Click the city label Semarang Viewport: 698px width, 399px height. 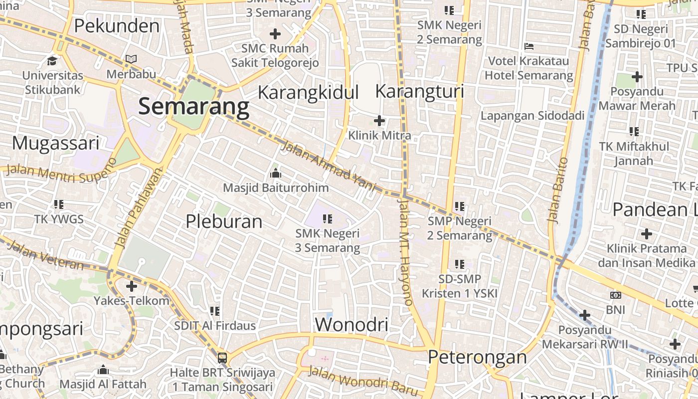[193, 106]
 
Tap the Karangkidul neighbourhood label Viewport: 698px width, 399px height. [308, 92]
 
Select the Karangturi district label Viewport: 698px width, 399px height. [419, 91]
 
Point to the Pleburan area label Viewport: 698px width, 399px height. [224, 221]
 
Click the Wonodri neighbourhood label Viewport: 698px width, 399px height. [351, 325]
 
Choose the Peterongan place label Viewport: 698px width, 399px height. [477, 357]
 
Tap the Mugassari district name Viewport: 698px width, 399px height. [56, 143]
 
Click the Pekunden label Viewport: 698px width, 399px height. [117, 25]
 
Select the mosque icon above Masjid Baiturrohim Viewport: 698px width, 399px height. [275, 174]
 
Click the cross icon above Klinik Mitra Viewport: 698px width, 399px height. [379, 120]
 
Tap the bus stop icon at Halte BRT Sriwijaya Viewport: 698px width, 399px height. [222, 358]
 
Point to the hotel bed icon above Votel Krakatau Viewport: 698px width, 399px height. [529, 46]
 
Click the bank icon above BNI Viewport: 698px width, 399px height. [616, 295]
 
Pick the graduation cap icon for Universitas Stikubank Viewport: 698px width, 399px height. [52, 61]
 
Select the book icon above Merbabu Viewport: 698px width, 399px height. [131, 59]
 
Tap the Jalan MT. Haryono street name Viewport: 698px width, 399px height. [405, 252]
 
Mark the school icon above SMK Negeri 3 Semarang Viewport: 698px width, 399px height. [328, 218]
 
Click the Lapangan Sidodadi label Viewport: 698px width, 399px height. [532, 116]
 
